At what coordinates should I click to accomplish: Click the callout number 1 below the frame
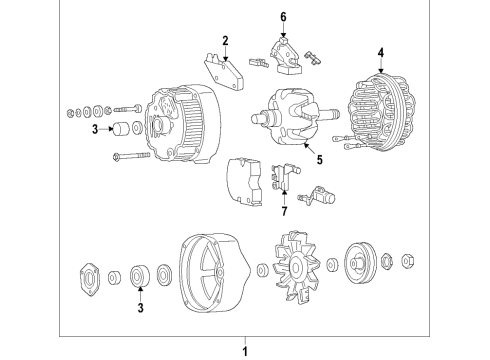point(245,351)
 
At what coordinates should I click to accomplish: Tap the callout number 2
point(226,41)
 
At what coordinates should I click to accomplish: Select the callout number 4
point(381,53)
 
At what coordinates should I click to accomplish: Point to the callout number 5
point(320,160)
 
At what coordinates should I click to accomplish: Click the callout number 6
point(283,17)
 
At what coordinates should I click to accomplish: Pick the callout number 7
point(284,211)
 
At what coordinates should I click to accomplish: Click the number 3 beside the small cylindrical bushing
point(95,129)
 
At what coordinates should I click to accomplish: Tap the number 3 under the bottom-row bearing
point(141,307)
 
